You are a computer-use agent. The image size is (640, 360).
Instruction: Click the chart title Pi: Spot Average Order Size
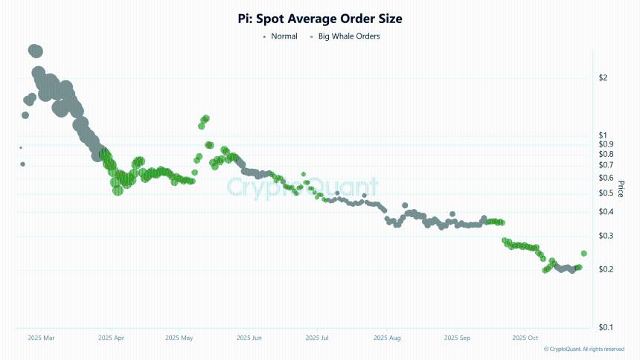[320, 18]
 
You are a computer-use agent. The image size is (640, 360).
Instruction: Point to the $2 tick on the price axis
[604, 78]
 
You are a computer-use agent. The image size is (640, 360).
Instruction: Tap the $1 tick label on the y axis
[604, 135]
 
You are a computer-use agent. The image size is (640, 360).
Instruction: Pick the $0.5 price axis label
[607, 193]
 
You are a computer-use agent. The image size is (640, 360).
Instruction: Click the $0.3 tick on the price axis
[607, 236]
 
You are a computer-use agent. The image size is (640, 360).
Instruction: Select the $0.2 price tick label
[607, 269]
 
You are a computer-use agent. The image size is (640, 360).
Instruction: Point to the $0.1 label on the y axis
[607, 327]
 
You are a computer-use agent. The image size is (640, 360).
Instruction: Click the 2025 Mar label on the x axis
[41, 338]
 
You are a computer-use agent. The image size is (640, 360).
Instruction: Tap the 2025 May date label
[179, 338]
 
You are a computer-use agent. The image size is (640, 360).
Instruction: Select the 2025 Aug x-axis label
[386, 338]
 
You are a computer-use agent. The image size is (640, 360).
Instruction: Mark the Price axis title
[621, 193]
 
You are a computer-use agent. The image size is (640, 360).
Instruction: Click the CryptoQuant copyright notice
[584, 349]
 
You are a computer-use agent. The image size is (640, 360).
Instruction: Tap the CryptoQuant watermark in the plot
[302, 187]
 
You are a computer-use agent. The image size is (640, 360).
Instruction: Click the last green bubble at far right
[583, 254]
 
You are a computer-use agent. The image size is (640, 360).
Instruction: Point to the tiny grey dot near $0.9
[21, 147]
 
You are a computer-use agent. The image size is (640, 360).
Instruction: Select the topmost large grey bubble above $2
[35, 51]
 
